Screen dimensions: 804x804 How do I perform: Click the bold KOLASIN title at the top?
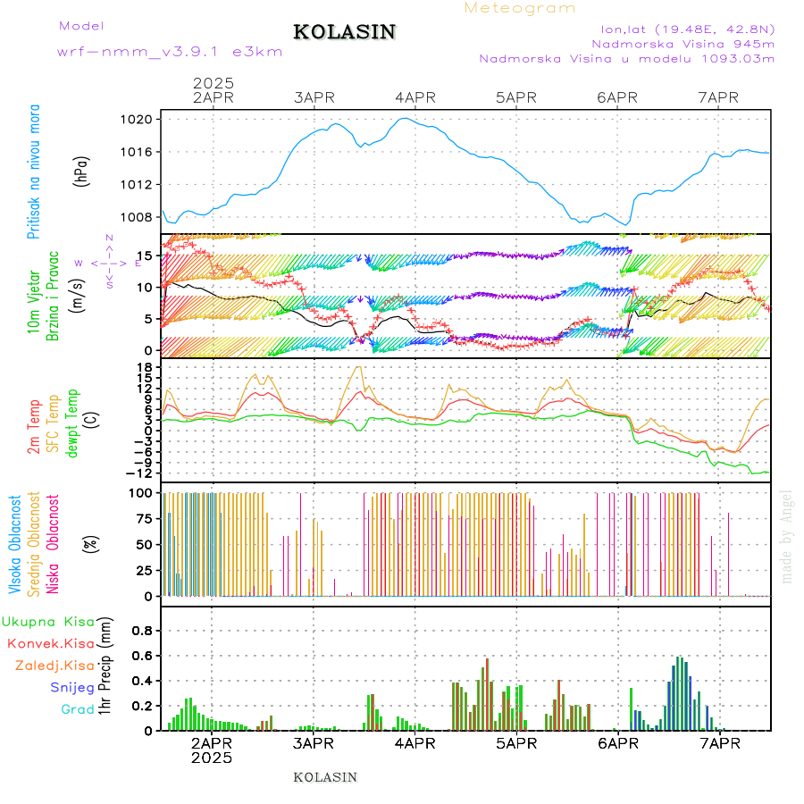(344, 32)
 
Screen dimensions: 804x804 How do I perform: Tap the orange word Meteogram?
(520, 8)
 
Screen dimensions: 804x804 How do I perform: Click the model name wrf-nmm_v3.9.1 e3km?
(170, 51)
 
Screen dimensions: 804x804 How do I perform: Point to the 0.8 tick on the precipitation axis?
(142, 630)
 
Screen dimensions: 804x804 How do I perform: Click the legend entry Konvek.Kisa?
(51, 643)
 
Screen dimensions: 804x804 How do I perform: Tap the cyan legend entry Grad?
(78, 709)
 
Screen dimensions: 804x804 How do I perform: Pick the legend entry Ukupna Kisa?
(48, 621)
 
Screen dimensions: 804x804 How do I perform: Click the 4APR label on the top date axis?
(415, 97)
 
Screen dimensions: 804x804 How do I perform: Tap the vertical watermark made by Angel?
(787, 536)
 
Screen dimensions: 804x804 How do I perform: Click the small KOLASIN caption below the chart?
(325, 777)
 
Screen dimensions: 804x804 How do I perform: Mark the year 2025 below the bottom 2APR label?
(212, 758)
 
